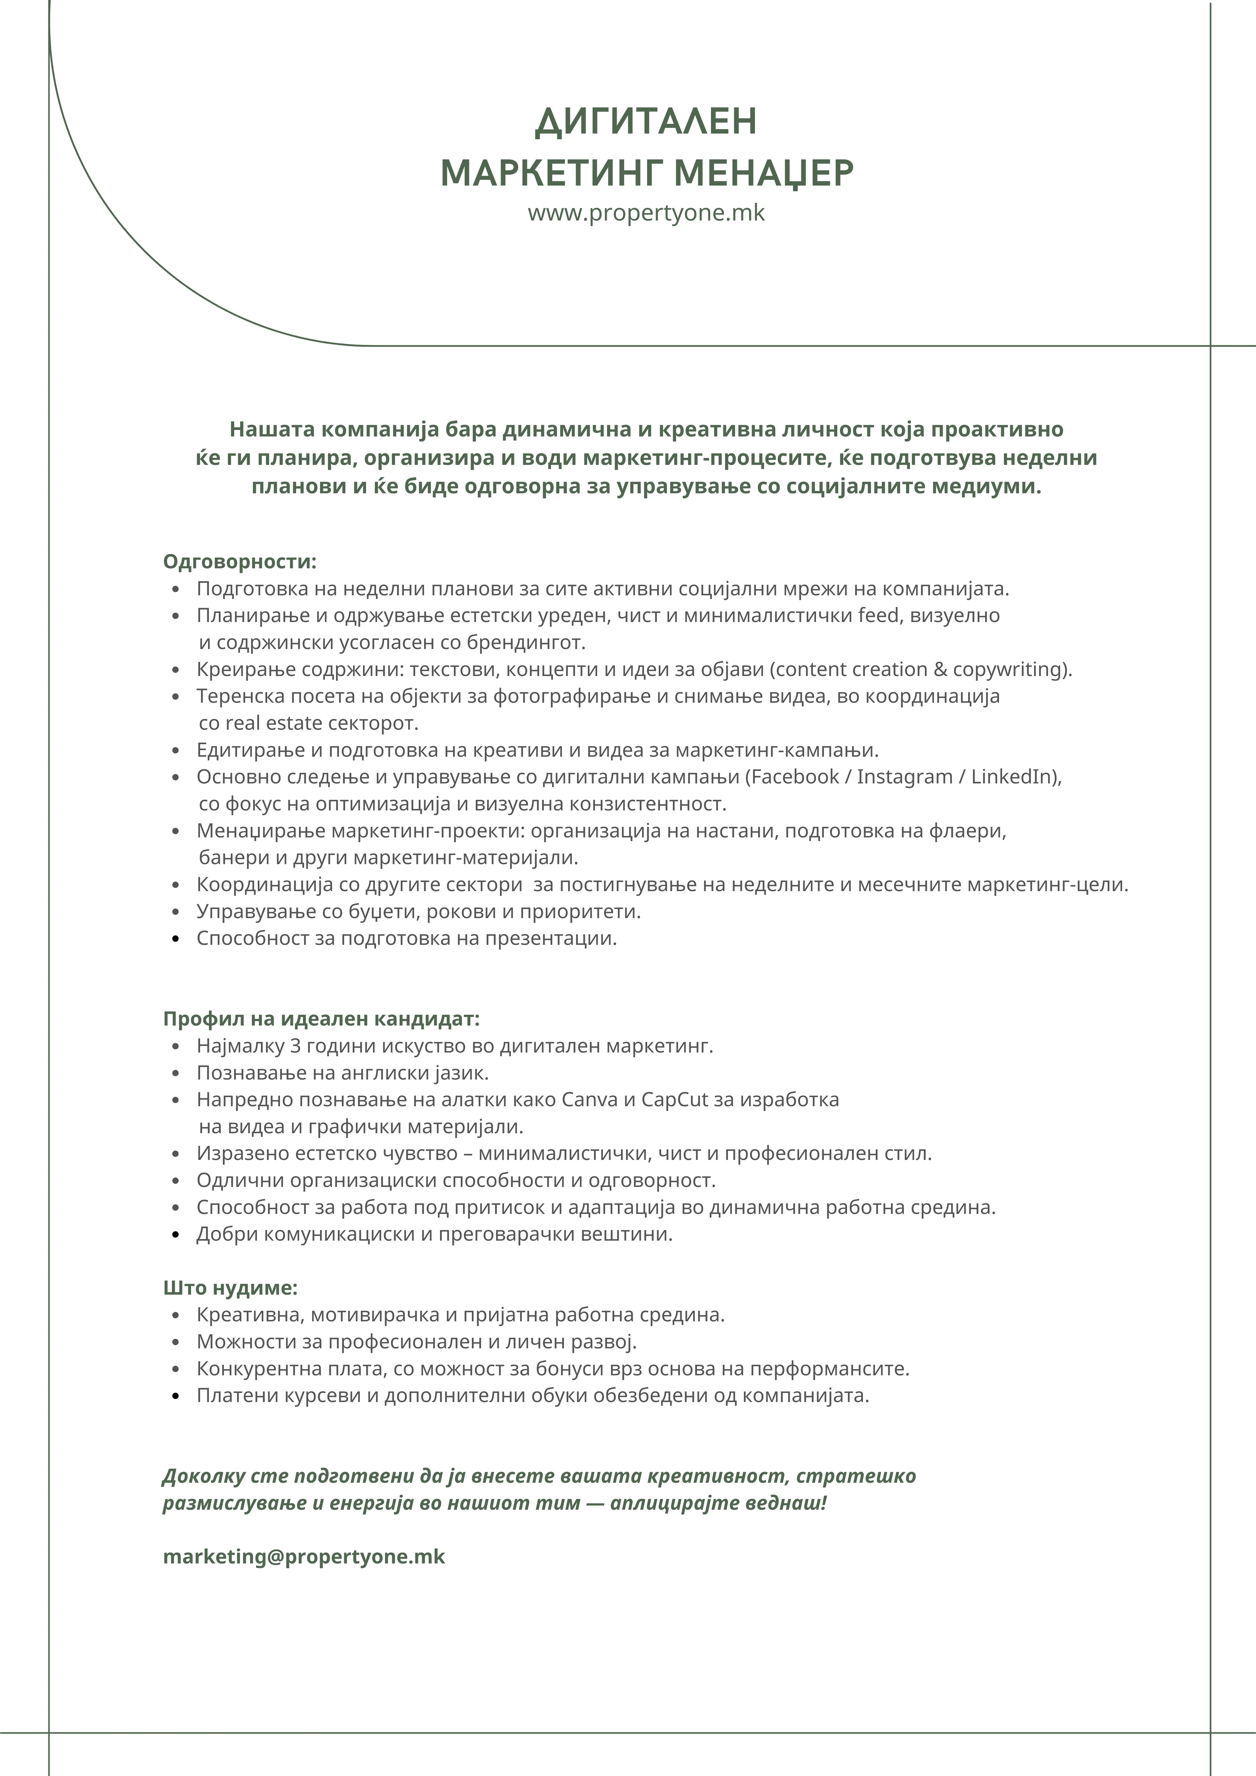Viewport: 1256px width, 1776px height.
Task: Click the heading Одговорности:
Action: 240,562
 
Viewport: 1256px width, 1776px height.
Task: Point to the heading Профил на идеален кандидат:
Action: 321,1019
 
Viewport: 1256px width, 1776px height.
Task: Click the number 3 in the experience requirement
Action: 294,1046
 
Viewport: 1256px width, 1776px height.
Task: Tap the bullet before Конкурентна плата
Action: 177,1369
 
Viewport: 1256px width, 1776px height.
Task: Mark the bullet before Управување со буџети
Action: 177,912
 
